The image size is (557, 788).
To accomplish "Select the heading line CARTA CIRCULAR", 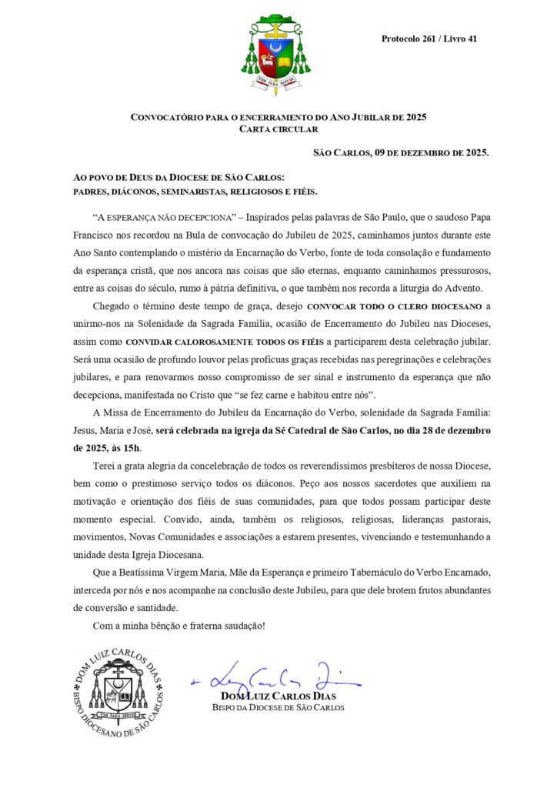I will click(x=278, y=129).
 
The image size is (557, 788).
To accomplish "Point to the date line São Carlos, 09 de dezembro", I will click(x=400, y=152).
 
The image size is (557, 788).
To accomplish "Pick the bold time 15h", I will click(x=132, y=448).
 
